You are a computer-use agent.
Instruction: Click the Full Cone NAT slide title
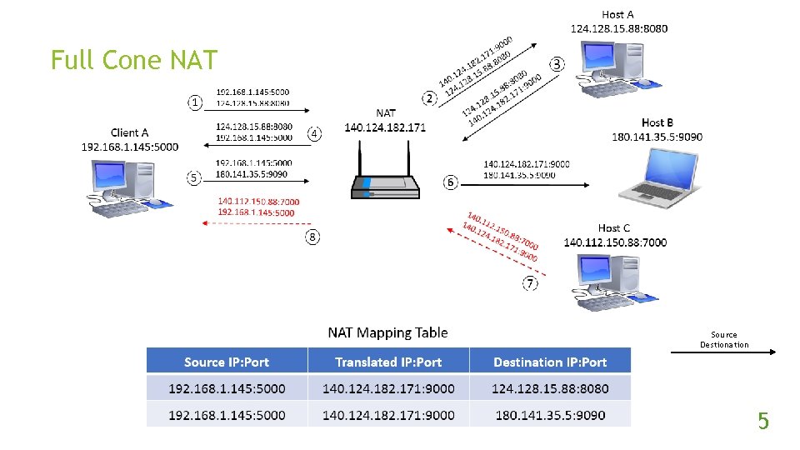click(x=133, y=60)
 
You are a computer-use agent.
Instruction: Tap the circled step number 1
click(x=195, y=102)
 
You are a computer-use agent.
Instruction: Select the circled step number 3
click(x=557, y=64)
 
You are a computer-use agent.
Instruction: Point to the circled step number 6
click(x=450, y=182)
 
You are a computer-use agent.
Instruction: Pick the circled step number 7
click(x=530, y=283)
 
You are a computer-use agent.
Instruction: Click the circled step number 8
click(x=312, y=237)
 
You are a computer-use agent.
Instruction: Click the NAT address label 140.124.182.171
click(x=385, y=127)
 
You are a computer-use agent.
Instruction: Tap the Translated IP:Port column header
click(x=388, y=362)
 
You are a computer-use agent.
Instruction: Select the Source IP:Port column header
click(x=227, y=362)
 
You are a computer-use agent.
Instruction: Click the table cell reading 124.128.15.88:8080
click(x=550, y=388)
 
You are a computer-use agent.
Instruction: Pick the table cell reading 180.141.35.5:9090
click(x=550, y=415)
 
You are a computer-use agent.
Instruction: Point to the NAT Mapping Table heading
click(x=387, y=332)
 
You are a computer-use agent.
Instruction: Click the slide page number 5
click(x=762, y=422)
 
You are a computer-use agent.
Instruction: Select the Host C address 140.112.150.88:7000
click(x=615, y=242)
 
